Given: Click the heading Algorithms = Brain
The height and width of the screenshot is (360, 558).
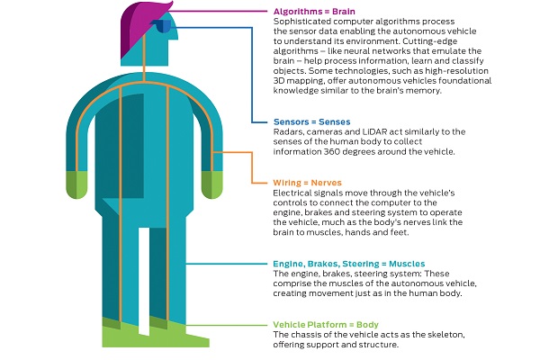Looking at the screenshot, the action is click(314, 12).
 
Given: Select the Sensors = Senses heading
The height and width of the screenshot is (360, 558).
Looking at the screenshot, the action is click(311, 122).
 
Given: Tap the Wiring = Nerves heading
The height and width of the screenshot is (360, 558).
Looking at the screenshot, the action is click(307, 183).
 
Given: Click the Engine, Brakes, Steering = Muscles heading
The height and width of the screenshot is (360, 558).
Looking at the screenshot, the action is click(349, 264).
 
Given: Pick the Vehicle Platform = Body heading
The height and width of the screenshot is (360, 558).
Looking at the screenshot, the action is click(326, 325).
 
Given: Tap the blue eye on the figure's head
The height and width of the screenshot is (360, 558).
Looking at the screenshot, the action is click(162, 26).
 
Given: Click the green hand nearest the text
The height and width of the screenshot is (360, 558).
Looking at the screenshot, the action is click(212, 184).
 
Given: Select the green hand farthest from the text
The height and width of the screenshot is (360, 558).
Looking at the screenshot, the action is click(76, 184).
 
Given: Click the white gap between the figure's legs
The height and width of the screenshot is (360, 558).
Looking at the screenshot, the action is click(144, 281).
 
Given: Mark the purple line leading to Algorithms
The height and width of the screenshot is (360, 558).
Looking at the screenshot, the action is click(218, 11).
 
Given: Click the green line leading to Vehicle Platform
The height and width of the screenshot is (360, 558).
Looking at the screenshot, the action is click(226, 325).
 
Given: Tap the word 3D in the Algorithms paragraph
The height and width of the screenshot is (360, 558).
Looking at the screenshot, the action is click(279, 81).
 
